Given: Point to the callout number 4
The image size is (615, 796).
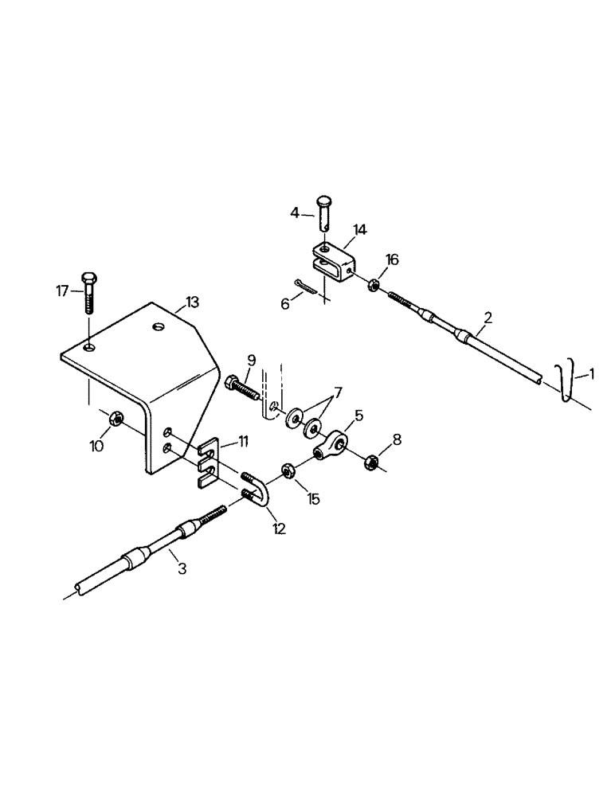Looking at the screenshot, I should (295, 213).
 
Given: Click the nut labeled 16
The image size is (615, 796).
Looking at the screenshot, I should (374, 283).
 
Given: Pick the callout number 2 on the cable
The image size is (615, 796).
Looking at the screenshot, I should (488, 318).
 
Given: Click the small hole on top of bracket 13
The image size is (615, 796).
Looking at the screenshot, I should (159, 327).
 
